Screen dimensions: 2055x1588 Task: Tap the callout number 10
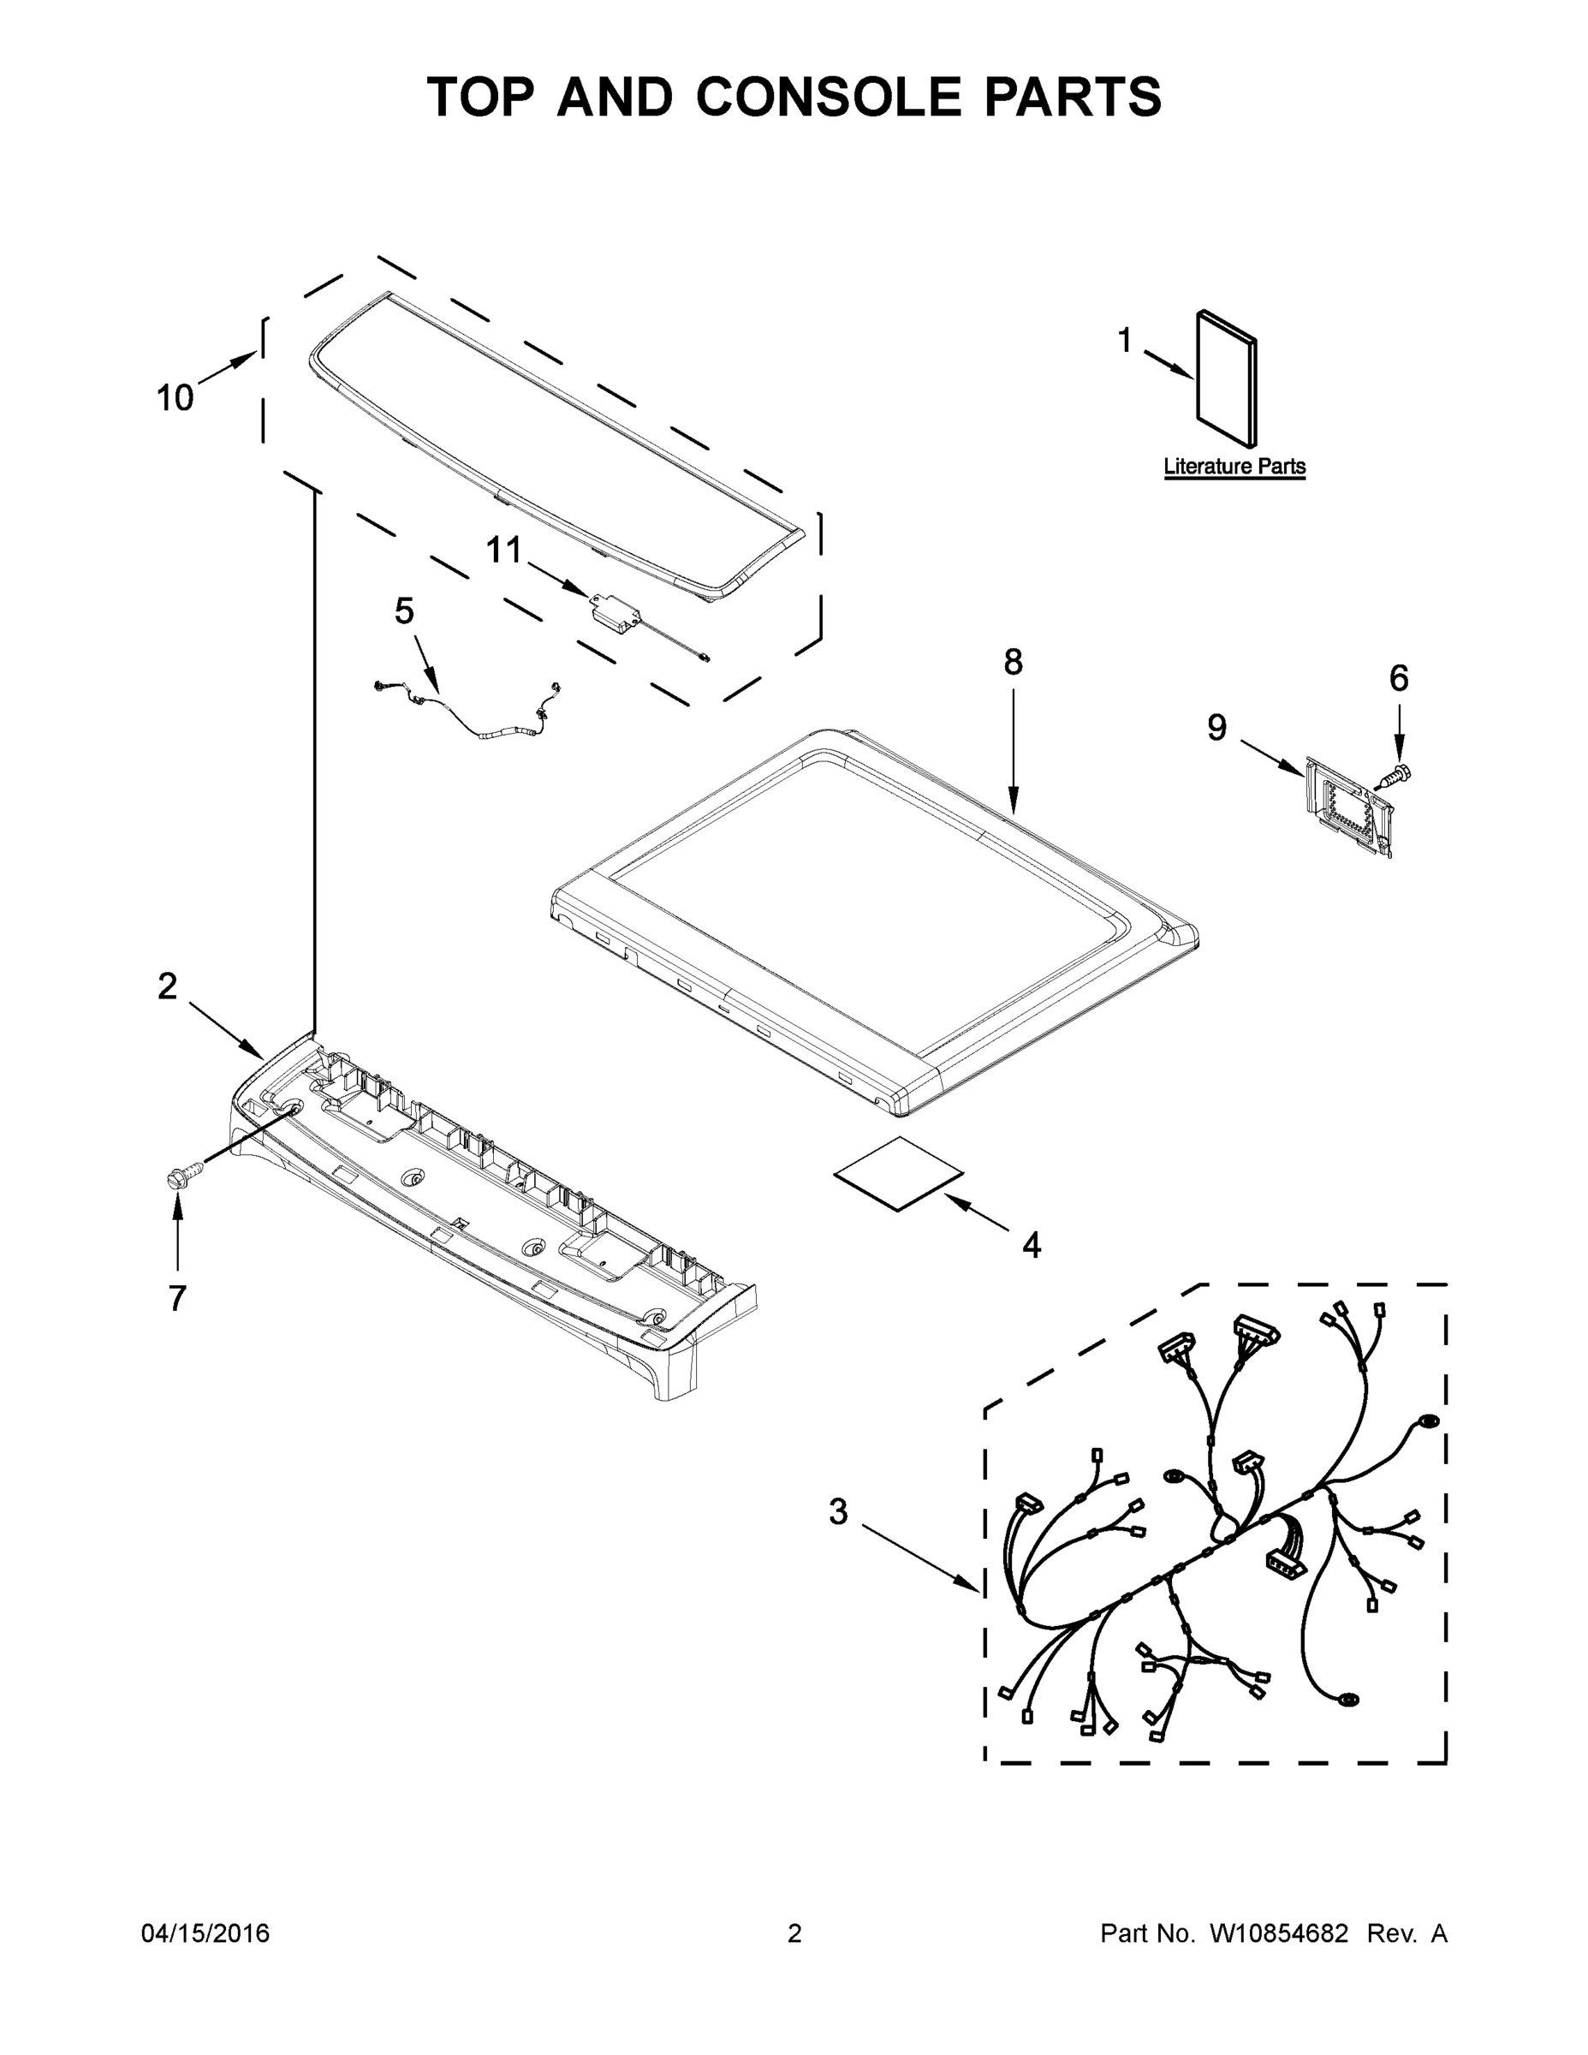(x=174, y=398)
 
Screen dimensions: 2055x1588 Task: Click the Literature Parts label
(x=1234, y=466)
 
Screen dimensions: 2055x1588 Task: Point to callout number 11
(x=503, y=551)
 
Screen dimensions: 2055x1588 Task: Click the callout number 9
(x=1216, y=726)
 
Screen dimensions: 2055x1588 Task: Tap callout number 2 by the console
(x=167, y=986)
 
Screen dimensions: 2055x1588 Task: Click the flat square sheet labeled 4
(x=898, y=1172)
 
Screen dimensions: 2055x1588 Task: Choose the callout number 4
(x=1032, y=1246)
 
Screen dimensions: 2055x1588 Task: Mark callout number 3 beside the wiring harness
(x=838, y=1512)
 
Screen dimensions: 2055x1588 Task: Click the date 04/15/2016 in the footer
(x=205, y=1933)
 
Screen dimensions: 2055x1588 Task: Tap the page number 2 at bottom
(x=794, y=1933)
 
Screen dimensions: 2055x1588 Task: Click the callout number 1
(x=1124, y=341)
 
